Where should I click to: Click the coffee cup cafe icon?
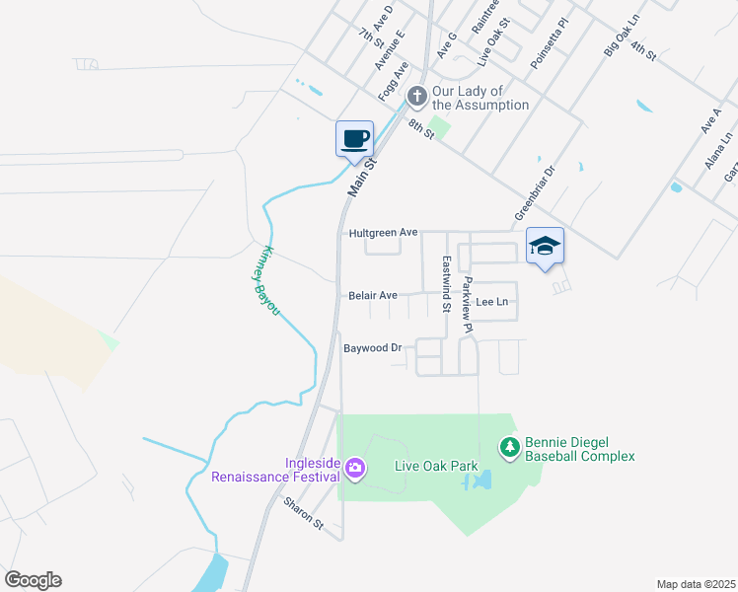[x=354, y=138]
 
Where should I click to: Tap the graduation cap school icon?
[x=544, y=247]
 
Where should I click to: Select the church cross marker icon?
[x=416, y=96]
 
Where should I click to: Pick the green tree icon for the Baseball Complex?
[x=509, y=448]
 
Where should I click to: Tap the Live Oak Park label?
[x=436, y=467]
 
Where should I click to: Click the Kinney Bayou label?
[x=262, y=281]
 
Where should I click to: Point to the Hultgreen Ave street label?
[x=383, y=233]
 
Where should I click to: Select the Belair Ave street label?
[x=372, y=295]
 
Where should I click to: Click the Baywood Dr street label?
[x=373, y=348]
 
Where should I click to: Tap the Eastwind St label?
[x=447, y=284]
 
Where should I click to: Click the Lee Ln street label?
[x=491, y=301]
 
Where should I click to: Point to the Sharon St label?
[x=303, y=513]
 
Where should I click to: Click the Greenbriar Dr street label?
[x=535, y=192]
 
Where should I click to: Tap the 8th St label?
[x=421, y=126]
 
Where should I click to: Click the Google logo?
[x=33, y=580]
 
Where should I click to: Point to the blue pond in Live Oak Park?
[x=480, y=481]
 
